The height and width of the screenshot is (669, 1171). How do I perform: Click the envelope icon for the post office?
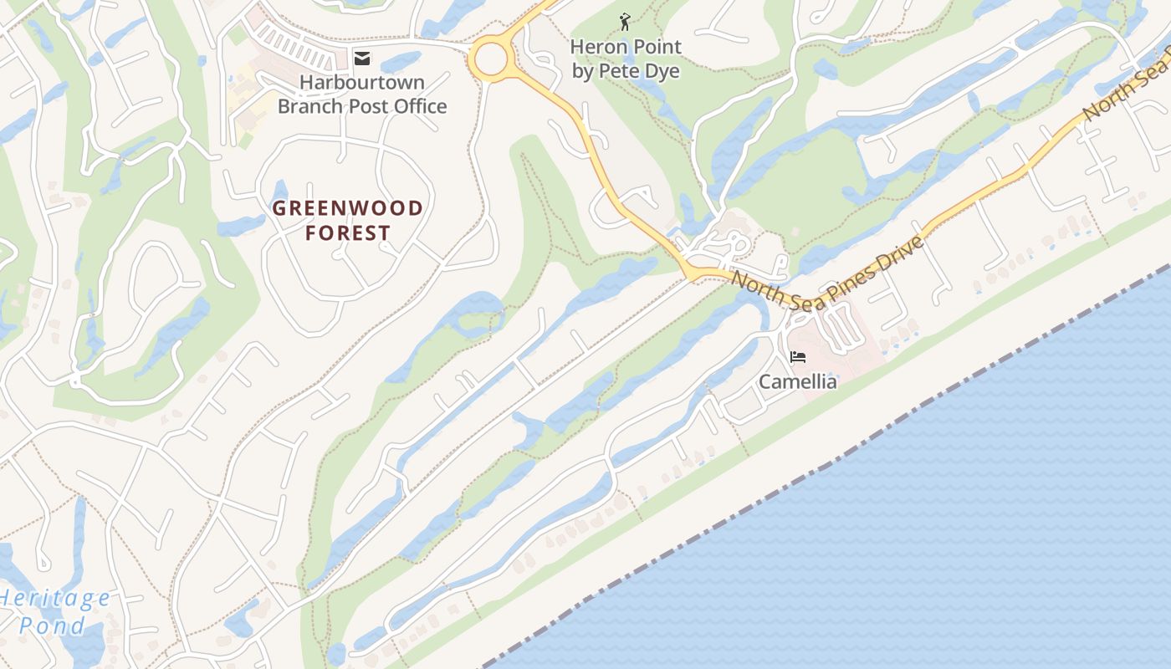pos(362,58)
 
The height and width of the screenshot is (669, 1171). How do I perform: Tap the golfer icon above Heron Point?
pos(625,23)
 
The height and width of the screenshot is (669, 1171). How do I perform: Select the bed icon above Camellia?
pos(798,357)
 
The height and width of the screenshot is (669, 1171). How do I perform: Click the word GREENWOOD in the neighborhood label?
pos(348,208)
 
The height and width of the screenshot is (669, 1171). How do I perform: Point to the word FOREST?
pos(348,232)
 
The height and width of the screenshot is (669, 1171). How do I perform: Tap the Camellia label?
pos(797,382)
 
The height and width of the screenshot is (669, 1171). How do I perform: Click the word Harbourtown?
pos(362,83)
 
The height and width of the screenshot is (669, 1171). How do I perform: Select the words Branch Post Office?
pos(362,106)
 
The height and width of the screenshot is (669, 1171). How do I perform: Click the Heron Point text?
pos(626,47)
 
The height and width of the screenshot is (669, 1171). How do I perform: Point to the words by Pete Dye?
pos(626,71)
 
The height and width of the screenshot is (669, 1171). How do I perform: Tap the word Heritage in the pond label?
pos(55,599)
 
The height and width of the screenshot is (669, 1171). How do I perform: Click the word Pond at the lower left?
pos(52,626)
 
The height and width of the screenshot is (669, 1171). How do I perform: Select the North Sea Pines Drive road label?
pos(827,263)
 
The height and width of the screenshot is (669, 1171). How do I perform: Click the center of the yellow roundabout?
pos(490,59)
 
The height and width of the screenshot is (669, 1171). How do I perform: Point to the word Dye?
pos(662,71)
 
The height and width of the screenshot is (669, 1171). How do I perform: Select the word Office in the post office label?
pos(418,106)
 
